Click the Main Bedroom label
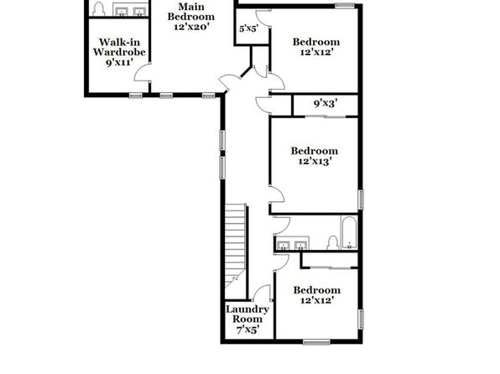tap(191, 16)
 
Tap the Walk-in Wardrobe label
tap(119, 52)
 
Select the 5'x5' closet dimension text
tap(248, 29)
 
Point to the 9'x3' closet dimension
tap(326, 103)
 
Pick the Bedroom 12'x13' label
tap(314, 156)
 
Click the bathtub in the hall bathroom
tap(349, 233)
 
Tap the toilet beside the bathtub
tap(333, 242)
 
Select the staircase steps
tap(236, 246)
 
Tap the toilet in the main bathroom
tap(98, 9)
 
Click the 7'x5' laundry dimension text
tap(247, 330)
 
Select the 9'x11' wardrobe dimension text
tap(119, 62)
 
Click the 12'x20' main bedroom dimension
tap(191, 27)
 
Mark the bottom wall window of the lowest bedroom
tap(316, 342)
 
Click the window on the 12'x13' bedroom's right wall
tap(361, 200)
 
